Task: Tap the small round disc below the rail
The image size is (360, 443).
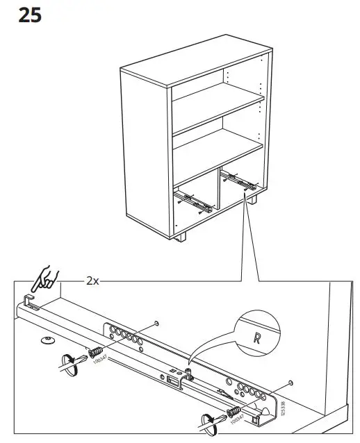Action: pyautogui.click(x=47, y=340)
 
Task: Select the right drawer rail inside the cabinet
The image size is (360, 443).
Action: pyautogui.click(x=238, y=183)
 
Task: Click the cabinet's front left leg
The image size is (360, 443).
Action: pyautogui.click(x=183, y=236)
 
